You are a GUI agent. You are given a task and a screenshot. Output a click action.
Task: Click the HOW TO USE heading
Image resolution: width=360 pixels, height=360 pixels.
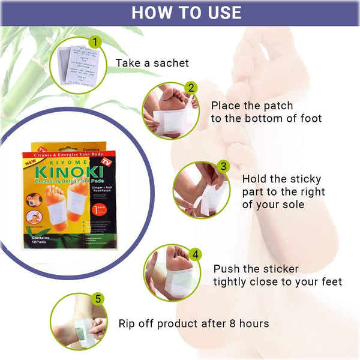[x=186, y=13]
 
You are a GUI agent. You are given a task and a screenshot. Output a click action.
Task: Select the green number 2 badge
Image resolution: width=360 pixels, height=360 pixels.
[x=191, y=88]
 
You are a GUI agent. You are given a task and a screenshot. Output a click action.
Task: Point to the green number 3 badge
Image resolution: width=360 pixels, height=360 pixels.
[x=223, y=166]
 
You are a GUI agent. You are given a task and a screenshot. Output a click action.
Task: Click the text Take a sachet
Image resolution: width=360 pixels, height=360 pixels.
[x=152, y=62]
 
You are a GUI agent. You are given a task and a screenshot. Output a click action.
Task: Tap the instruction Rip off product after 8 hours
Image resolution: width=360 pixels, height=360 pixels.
[x=193, y=323]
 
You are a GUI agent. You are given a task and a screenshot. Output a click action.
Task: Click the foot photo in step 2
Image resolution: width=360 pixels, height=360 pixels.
[x=169, y=110]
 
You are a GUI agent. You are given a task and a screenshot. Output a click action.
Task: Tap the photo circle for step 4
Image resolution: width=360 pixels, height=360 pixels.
[x=171, y=275]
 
